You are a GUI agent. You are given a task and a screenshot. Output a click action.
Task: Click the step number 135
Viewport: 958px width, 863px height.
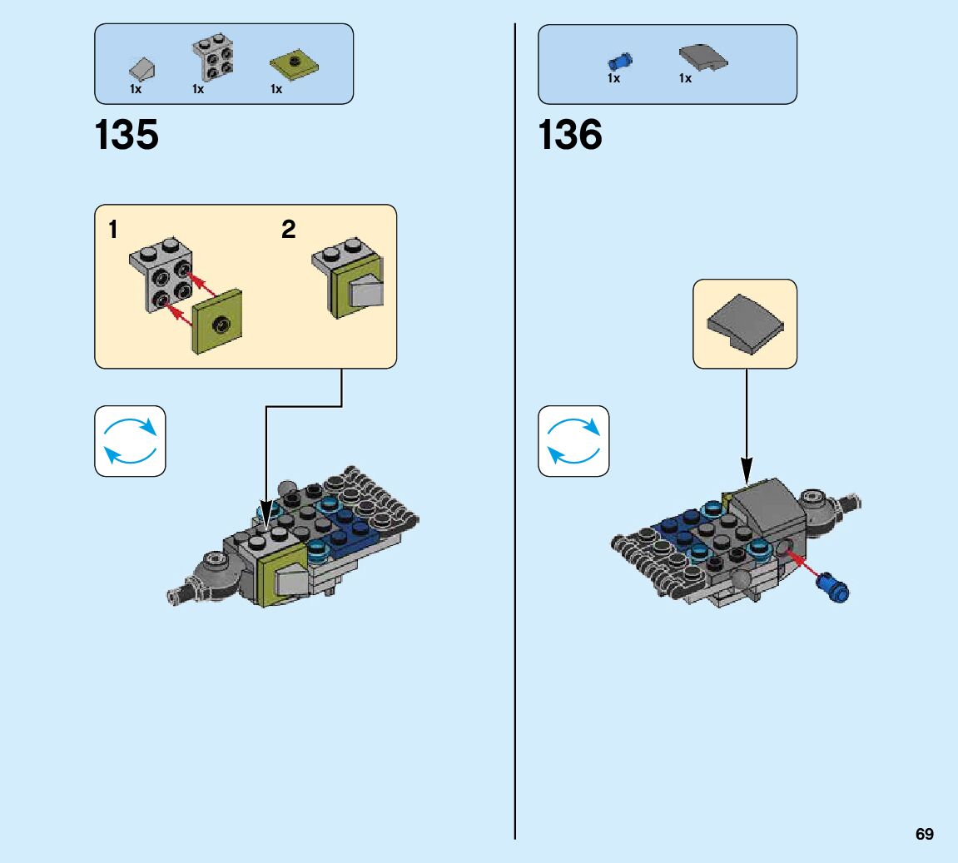point(127,135)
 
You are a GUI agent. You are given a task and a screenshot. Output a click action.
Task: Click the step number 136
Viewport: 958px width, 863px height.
point(570,135)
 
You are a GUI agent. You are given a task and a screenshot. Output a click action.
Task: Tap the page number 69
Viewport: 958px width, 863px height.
point(924,834)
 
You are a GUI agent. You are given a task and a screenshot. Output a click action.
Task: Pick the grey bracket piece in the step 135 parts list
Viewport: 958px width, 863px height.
point(213,57)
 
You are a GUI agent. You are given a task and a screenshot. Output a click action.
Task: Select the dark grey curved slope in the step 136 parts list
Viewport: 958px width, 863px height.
point(702,57)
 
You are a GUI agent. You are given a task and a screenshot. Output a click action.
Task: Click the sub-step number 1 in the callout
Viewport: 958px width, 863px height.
point(112,230)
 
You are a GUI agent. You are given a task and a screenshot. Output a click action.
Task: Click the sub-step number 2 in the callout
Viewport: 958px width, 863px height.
point(288,230)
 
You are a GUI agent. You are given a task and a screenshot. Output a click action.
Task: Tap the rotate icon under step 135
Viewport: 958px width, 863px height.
point(130,441)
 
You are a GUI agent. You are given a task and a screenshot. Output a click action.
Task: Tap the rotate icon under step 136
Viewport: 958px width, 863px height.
point(573,441)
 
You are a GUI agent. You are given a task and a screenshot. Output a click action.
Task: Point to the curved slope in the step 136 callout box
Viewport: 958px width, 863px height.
point(744,325)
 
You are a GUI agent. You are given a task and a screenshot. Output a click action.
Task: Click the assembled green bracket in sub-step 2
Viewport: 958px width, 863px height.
point(351,279)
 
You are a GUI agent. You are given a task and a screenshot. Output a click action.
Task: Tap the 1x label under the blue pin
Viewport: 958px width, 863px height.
point(613,78)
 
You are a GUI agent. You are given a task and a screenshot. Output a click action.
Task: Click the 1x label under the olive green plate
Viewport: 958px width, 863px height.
point(276,89)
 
